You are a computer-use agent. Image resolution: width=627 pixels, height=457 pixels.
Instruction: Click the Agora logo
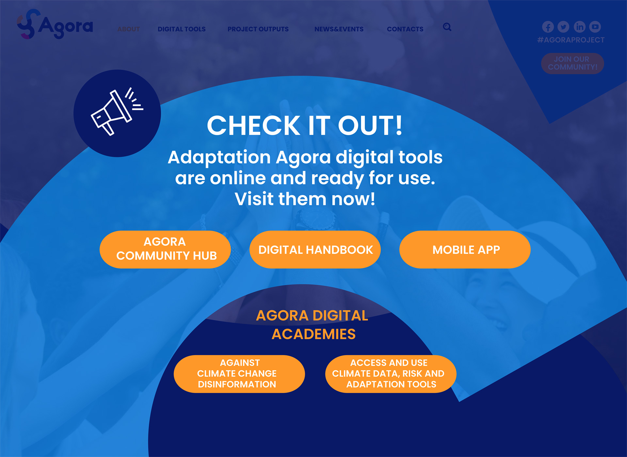point(55,24)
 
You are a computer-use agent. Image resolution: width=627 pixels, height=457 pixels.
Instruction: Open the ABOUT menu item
point(129,29)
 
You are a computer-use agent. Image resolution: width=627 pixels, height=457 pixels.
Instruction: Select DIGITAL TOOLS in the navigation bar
point(182,29)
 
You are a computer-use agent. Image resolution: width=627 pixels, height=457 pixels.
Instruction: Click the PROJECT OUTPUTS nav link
point(258,29)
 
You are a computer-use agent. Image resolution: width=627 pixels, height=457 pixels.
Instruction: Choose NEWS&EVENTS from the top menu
point(339,29)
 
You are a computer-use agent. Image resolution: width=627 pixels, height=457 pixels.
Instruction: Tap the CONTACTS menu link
point(405,29)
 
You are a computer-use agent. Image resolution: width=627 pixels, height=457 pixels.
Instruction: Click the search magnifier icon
point(447,27)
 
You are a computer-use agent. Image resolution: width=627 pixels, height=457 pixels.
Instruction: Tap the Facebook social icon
point(548,27)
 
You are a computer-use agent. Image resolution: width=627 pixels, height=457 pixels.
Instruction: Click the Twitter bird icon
point(563,27)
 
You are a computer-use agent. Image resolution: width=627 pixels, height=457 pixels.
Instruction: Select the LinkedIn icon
point(580,27)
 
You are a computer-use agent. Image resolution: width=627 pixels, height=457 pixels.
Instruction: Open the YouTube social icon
point(595,27)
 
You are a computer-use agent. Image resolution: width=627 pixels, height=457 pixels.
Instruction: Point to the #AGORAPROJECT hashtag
point(571,40)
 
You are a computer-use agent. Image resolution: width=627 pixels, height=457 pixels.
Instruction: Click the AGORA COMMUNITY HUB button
point(165,250)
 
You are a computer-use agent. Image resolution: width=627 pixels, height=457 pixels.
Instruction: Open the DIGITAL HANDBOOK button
point(315,250)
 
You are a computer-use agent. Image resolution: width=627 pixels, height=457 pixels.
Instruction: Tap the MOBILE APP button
point(465,250)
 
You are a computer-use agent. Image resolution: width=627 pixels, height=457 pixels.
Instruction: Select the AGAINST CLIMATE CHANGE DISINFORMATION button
point(239,374)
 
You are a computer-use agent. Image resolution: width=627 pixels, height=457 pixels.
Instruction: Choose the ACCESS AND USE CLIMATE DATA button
point(391,374)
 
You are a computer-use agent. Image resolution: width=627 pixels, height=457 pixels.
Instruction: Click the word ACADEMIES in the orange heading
point(313,334)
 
